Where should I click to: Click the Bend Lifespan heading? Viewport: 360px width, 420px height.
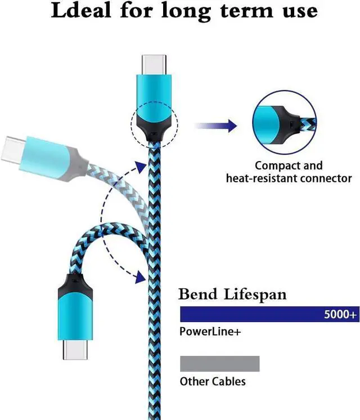(x=232, y=294)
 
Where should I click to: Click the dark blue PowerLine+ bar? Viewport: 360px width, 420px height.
(x=247, y=314)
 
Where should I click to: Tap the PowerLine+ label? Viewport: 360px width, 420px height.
(x=210, y=332)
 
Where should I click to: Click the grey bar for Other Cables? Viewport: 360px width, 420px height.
(x=219, y=363)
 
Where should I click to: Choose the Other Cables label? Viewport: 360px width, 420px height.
(x=213, y=382)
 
